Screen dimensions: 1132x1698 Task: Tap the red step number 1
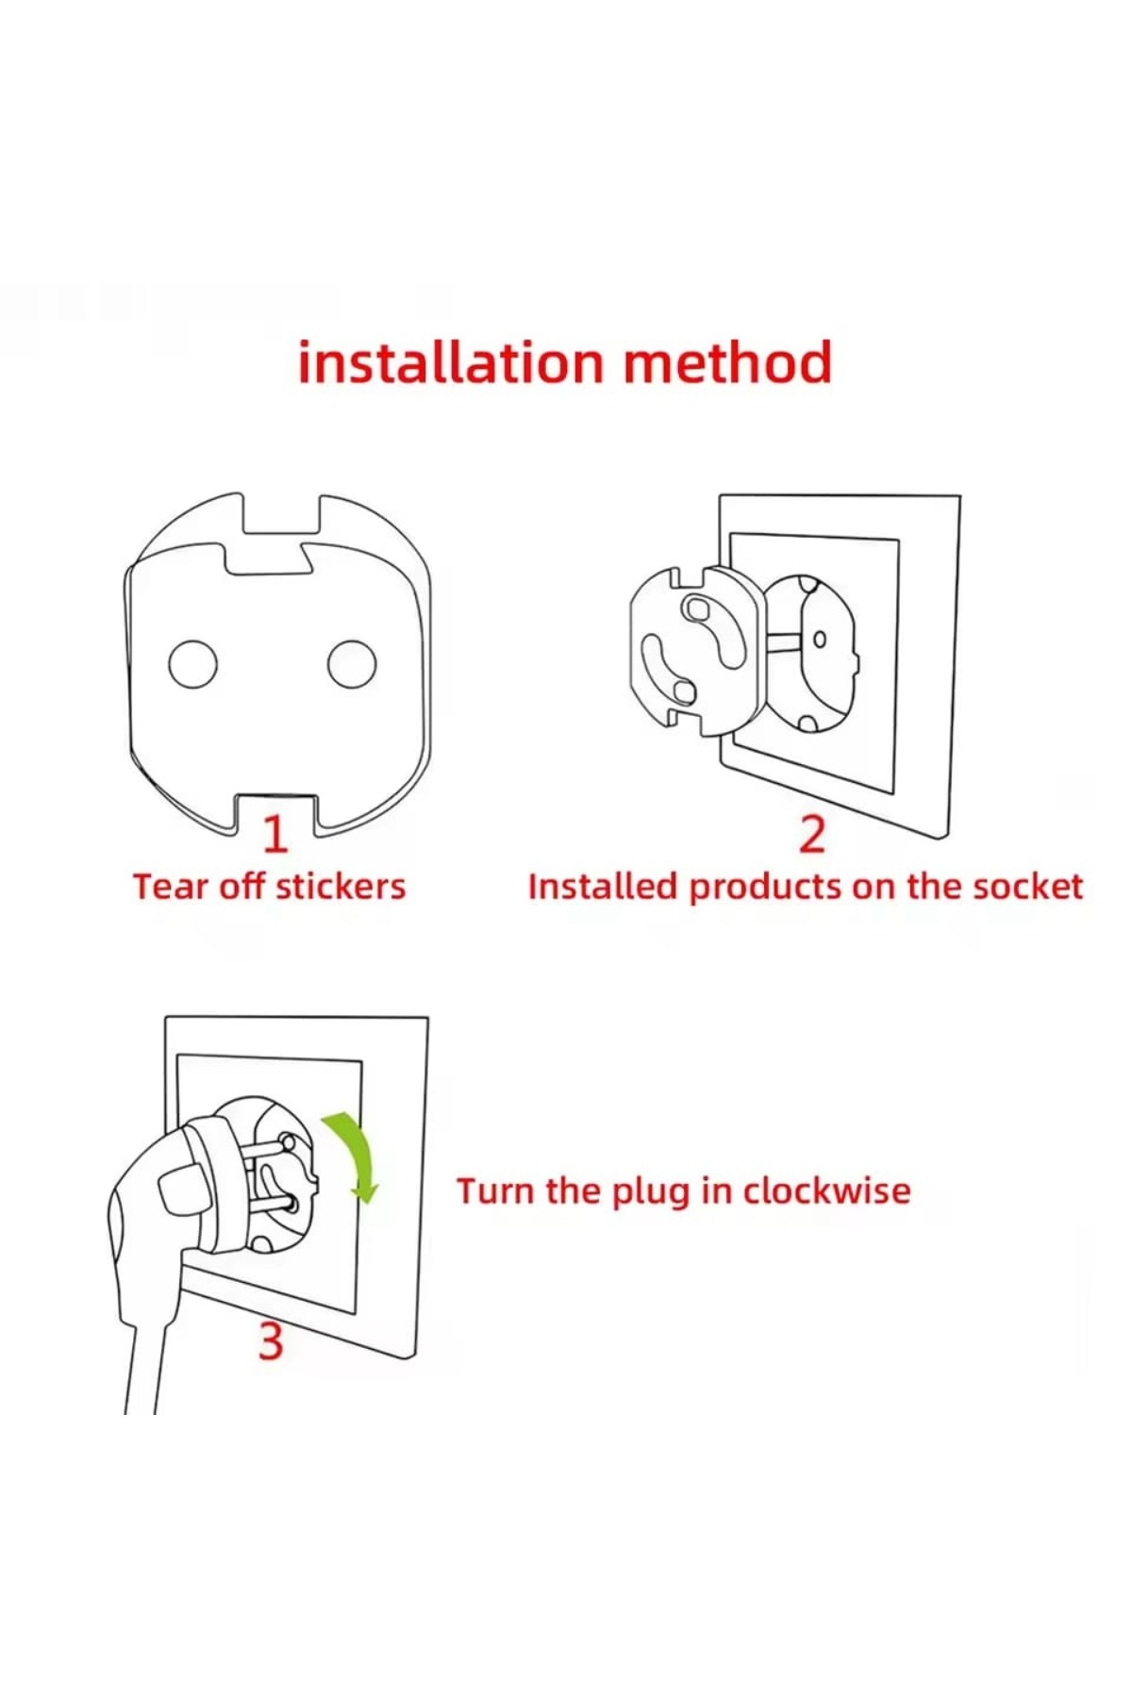(275, 834)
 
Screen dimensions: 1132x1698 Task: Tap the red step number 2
(812, 834)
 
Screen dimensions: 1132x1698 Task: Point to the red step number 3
(271, 1341)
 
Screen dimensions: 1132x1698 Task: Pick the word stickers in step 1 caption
(341, 887)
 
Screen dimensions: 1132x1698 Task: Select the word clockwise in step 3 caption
(827, 1190)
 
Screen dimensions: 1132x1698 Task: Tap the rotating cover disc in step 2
(694, 651)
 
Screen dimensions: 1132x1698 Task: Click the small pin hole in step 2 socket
(819, 640)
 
